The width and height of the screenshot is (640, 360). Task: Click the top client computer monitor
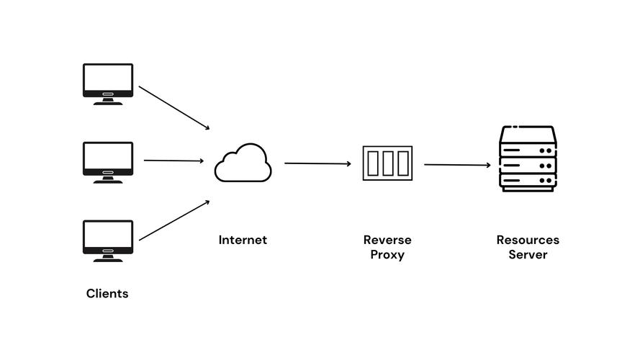pos(108,84)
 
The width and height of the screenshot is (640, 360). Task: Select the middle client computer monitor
pos(108,163)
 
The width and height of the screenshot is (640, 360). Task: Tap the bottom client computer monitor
pos(108,240)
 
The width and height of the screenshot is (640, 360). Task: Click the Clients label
pos(107,294)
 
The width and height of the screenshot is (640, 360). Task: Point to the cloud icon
pos(243,163)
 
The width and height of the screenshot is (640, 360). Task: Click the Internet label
pos(243,240)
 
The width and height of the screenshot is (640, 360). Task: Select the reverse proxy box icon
pos(387,163)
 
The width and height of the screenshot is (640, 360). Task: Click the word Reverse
pos(387,240)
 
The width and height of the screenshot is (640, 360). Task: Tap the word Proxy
pos(387,255)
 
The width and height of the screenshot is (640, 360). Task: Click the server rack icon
pos(528,158)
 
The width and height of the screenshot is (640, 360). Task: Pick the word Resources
pos(528,240)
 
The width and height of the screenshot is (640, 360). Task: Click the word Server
pos(528,255)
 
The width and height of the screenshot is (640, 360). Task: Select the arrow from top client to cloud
pos(174,108)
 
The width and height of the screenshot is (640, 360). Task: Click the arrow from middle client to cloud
pos(174,161)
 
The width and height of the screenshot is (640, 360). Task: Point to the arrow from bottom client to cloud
pos(174,220)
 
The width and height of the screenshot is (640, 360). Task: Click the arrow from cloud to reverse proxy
pos(318,163)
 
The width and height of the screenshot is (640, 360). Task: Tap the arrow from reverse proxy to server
pos(458,164)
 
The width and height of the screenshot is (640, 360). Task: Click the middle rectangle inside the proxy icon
pos(388,163)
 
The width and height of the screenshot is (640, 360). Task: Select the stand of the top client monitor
pos(108,102)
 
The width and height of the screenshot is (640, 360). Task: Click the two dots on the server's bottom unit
pos(546,181)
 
